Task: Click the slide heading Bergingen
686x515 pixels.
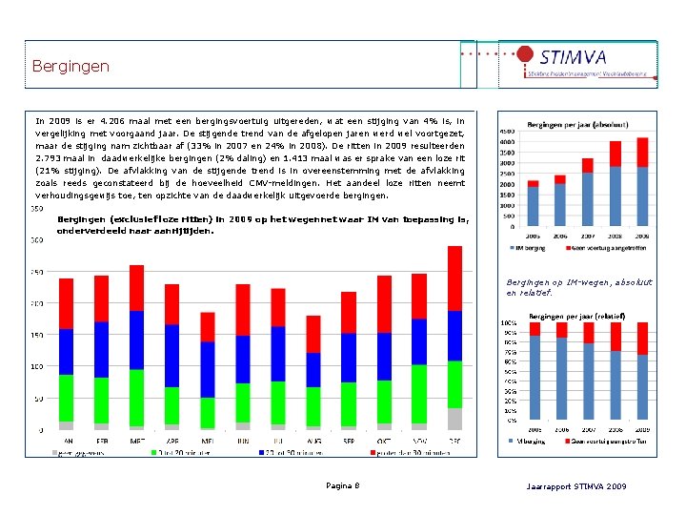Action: (x=71, y=67)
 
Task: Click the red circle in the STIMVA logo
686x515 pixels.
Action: (x=525, y=56)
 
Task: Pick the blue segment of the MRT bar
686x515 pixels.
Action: (x=136, y=340)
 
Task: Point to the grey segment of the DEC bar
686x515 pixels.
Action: (x=454, y=418)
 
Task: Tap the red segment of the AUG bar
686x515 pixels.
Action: (x=313, y=334)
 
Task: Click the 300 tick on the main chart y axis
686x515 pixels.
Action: (x=36, y=240)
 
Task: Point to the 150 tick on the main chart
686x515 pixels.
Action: (x=36, y=335)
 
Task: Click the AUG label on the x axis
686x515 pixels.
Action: (x=313, y=441)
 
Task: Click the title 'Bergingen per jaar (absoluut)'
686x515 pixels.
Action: (x=575, y=125)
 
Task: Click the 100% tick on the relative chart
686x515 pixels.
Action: (x=510, y=322)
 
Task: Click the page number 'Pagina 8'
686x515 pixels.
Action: (x=343, y=486)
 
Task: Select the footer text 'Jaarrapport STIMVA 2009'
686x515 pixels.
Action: (x=576, y=486)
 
